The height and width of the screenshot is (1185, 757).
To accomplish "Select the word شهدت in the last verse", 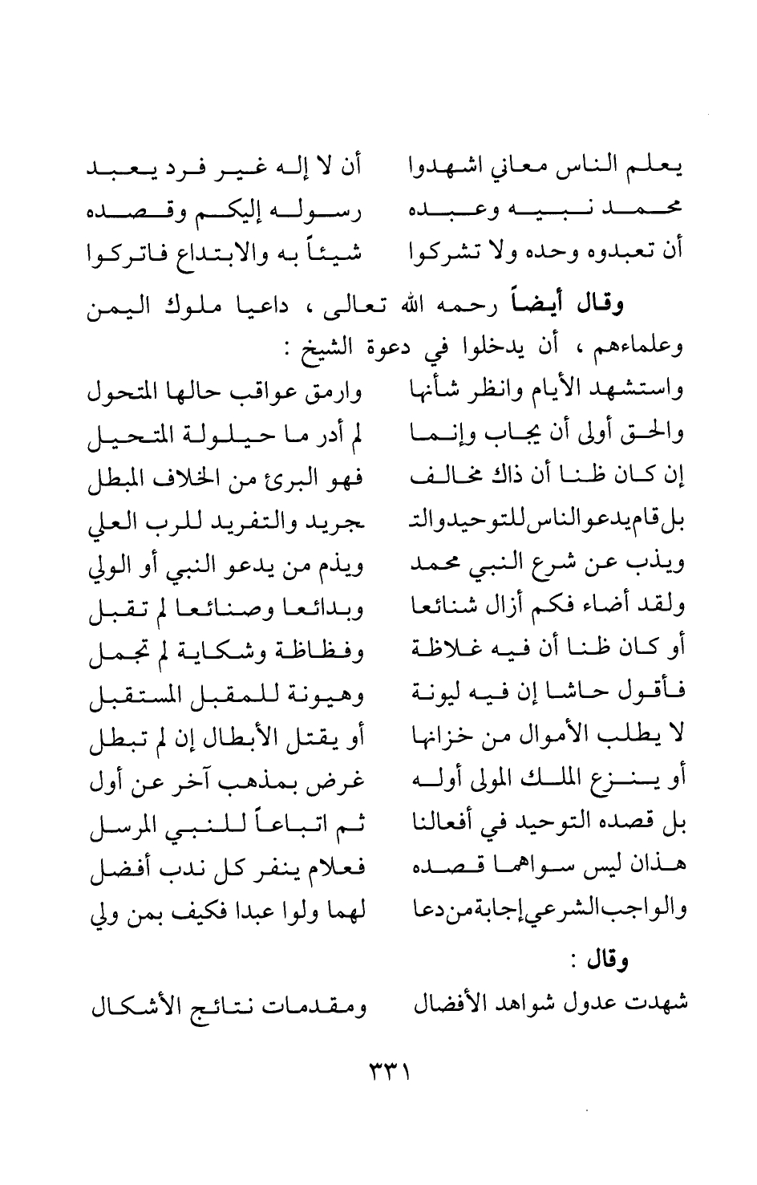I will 662,1004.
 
